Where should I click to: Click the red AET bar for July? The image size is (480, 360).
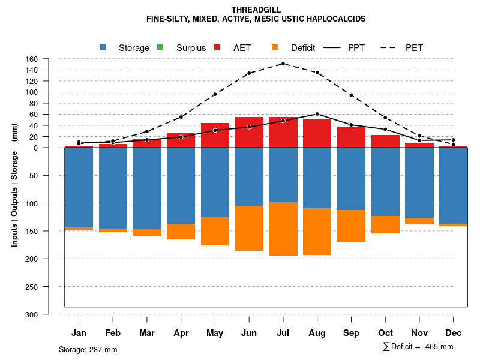click(x=283, y=133)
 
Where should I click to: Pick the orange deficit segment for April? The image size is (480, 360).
click(x=181, y=232)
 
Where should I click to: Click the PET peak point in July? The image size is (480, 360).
click(x=283, y=63)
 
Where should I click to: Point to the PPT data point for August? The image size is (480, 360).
click(x=317, y=114)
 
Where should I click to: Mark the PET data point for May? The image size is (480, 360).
click(x=215, y=94)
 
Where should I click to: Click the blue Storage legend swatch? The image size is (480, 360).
click(x=103, y=48)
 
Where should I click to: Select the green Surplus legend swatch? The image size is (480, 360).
click(x=160, y=48)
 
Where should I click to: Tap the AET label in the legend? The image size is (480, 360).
click(x=242, y=48)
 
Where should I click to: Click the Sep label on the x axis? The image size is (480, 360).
click(x=352, y=333)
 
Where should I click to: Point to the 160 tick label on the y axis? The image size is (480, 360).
click(x=32, y=59)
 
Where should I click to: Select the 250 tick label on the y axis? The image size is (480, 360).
click(x=32, y=287)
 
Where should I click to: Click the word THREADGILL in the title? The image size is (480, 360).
click(x=256, y=10)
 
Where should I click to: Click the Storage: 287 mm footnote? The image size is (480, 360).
click(x=88, y=349)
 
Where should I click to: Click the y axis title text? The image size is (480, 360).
click(x=14, y=185)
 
